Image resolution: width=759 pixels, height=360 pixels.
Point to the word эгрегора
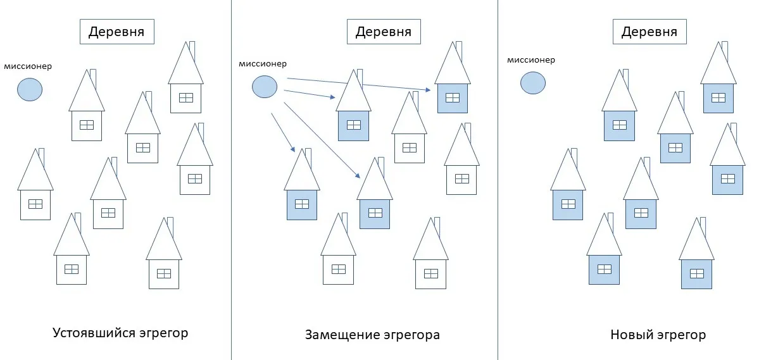[411, 335]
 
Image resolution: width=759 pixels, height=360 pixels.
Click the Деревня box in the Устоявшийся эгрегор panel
[117, 32]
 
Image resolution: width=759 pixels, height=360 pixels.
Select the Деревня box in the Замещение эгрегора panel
[384, 32]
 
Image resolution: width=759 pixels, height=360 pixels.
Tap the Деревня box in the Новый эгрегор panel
[649, 32]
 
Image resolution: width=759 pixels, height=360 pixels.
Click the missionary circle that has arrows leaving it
[265, 87]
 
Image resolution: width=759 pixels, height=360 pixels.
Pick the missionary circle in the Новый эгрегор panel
[532, 83]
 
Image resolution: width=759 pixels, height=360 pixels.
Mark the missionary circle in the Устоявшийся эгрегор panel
[29, 89]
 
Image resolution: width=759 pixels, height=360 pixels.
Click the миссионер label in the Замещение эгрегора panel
[262, 64]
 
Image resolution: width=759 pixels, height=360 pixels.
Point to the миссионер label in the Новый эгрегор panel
[530, 60]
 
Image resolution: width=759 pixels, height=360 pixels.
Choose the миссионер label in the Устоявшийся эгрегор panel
[28, 66]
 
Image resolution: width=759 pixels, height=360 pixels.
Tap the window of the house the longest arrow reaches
[452, 97]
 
